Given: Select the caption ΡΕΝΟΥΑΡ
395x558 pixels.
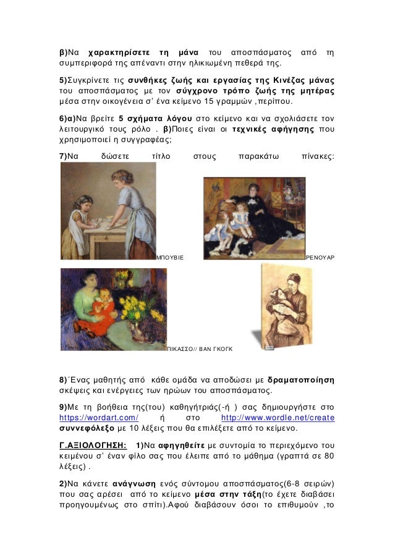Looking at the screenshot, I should pyautogui.click(x=320, y=255).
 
